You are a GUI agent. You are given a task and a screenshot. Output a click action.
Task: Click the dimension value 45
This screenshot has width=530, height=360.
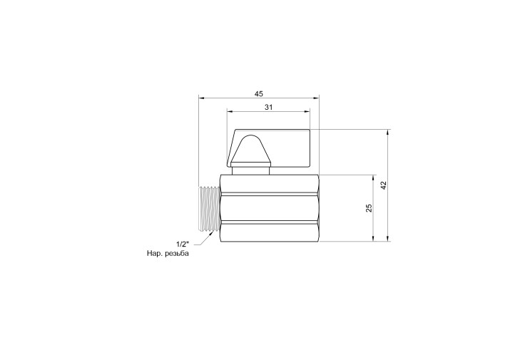click(259, 93)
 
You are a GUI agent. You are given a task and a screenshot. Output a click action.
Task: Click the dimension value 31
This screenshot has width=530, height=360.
click(268, 108)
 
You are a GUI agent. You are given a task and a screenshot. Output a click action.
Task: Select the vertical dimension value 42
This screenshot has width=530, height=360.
click(383, 185)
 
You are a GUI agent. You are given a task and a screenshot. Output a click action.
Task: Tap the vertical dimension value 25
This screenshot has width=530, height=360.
click(369, 207)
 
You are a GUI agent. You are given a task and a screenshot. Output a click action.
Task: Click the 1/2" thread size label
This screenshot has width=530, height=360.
click(183, 244)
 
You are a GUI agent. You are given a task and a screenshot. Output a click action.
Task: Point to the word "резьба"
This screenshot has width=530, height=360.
click(177, 254)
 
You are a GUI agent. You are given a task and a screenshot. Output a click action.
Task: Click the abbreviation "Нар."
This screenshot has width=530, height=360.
click(154, 254)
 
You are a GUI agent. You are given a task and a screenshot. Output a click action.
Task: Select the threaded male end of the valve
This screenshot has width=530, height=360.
click(209, 209)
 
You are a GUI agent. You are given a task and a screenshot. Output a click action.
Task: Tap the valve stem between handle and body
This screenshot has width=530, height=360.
click(251, 170)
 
